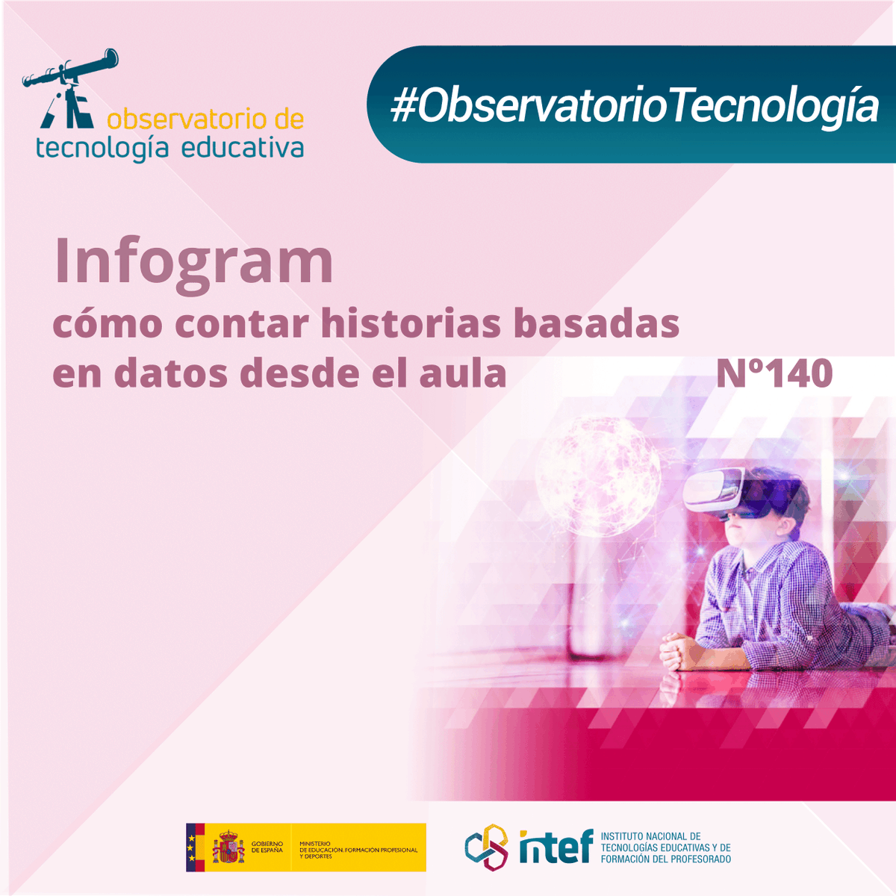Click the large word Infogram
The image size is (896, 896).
click(x=193, y=261)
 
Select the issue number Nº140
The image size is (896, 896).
click(x=774, y=373)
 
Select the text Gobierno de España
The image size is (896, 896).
click(x=267, y=847)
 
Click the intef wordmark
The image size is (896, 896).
click(x=556, y=847)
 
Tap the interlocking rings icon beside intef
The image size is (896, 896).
click(x=486, y=847)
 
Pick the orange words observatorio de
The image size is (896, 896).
click(x=205, y=119)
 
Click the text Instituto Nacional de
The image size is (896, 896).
click(x=650, y=836)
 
